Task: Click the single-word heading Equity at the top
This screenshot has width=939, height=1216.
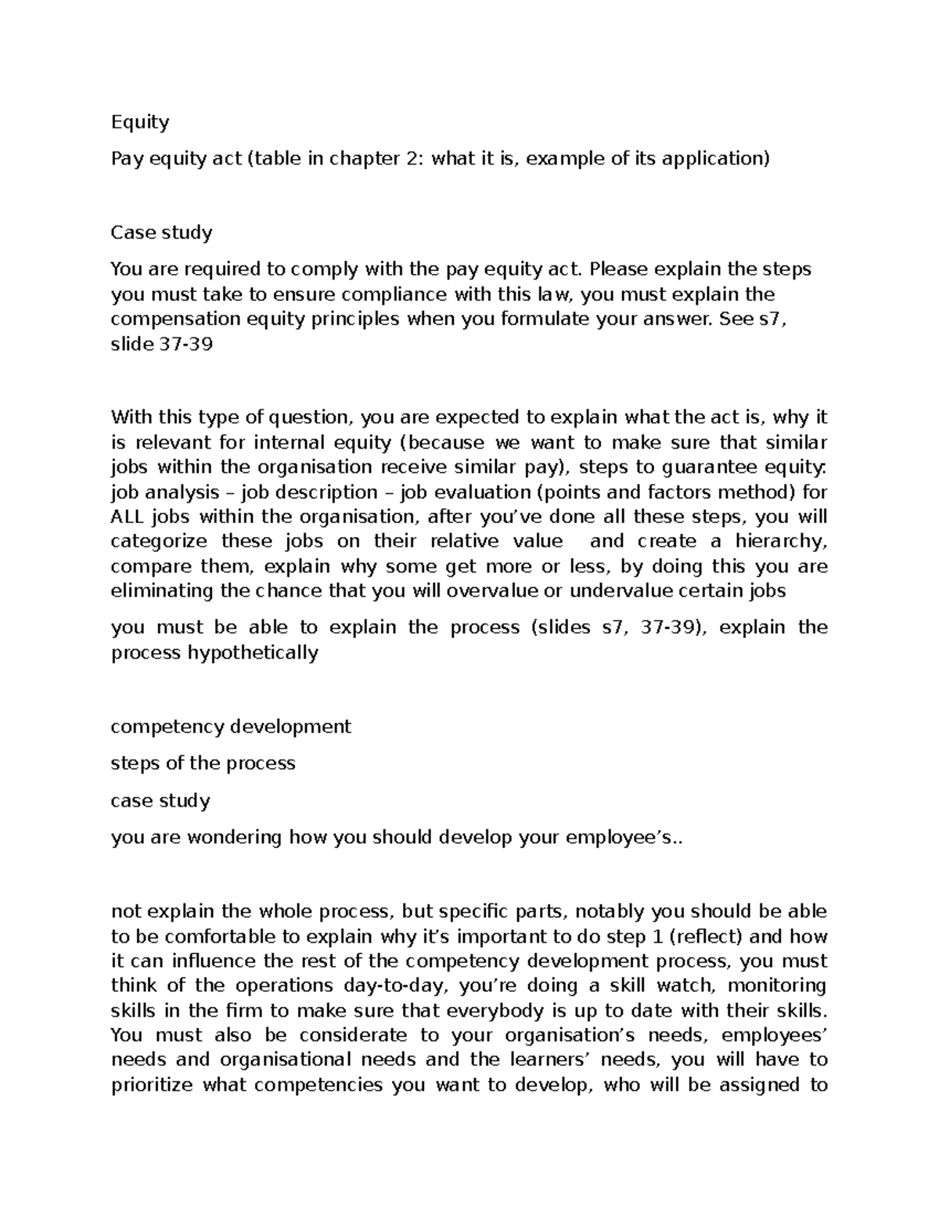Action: pos(139,122)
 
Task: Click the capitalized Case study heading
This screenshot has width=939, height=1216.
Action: pos(161,233)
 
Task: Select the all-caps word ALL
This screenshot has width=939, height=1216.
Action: pos(128,517)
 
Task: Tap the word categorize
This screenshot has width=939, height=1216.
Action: pos(159,542)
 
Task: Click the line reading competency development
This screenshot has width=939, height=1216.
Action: pos(231,727)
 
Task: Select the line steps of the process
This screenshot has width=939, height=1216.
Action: pos(203,763)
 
